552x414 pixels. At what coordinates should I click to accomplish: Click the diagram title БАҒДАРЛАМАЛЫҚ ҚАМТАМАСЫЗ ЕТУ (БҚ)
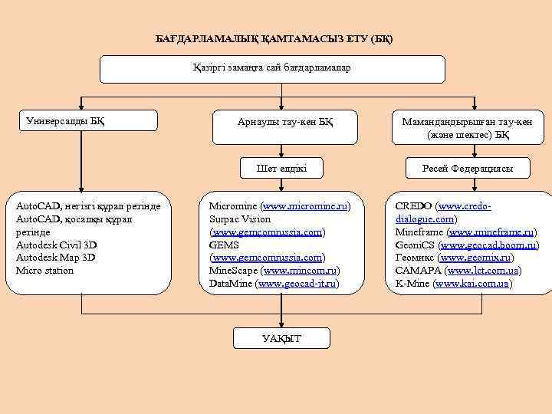pos(274,38)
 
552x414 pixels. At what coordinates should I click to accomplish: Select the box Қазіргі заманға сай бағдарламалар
pos(273,68)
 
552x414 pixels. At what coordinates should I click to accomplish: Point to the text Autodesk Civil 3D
pos(57,245)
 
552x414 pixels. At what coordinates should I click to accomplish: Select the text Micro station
pos(44,271)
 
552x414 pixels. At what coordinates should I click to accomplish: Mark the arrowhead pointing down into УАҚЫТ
pos(281,324)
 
